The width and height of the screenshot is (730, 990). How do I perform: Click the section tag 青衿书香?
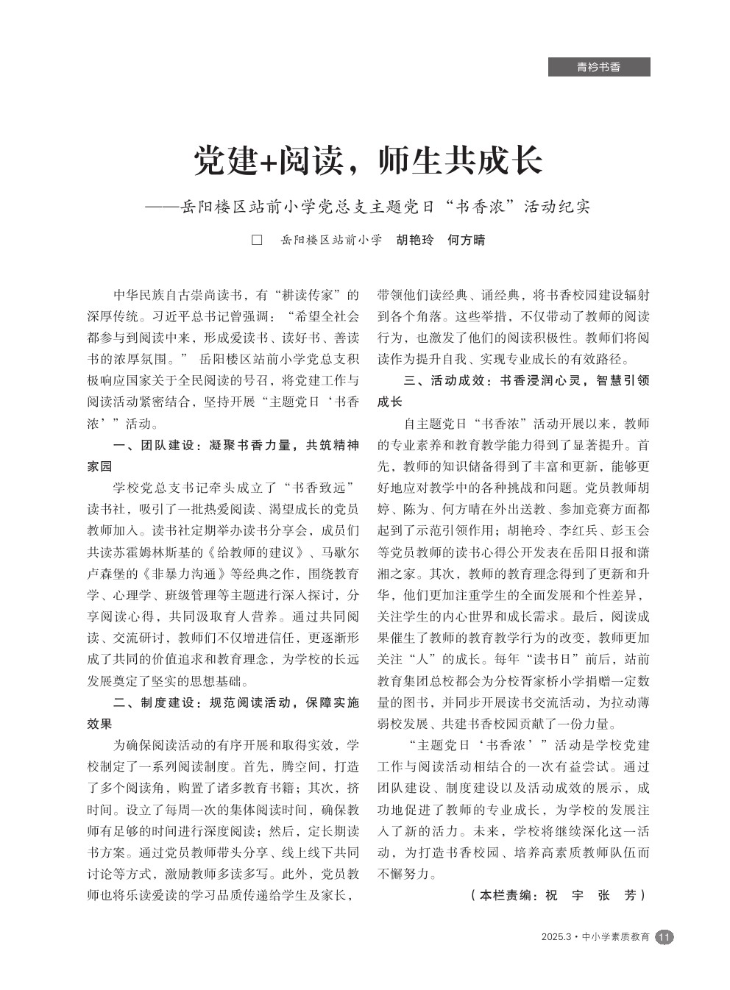click(598, 67)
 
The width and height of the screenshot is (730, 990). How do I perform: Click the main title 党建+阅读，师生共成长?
click(368, 160)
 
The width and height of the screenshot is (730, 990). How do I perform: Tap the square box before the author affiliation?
click(257, 241)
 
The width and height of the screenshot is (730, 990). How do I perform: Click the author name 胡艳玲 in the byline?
click(415, 241)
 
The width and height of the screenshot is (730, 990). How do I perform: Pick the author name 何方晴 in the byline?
click(467, 241)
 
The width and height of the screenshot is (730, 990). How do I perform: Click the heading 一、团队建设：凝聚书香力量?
click(224, 446)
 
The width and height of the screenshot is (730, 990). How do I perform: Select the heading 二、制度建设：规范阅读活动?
click(224, 702)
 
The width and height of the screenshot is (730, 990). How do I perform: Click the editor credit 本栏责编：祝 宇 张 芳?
click(556, 895)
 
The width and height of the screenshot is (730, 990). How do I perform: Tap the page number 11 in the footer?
click(664, 937)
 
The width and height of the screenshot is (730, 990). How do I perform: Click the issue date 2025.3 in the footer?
click(556, 938)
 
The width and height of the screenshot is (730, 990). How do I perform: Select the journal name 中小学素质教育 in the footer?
click(616, 938)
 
